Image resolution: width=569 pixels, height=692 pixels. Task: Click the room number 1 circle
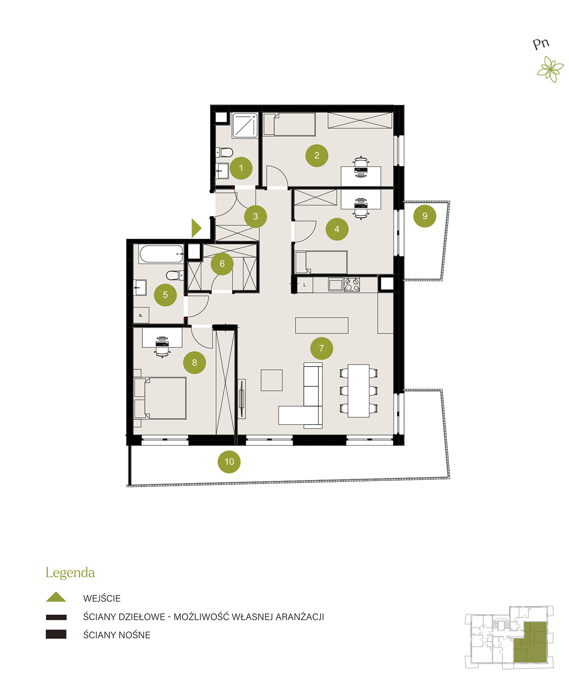[241, 168]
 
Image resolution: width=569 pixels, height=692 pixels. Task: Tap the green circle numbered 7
[321, 348]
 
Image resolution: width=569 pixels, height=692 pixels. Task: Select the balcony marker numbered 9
[424, 216]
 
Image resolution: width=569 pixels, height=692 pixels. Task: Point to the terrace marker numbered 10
[229, 461]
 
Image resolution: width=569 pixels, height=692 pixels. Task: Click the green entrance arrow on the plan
[196, 228]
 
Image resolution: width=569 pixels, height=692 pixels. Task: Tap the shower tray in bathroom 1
[245, 125]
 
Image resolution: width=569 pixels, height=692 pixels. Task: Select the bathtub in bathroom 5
[161, 254]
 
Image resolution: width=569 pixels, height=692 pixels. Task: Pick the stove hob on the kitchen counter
[352, 285]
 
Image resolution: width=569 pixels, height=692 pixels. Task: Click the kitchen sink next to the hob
[335, 285]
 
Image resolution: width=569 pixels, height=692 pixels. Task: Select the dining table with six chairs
[359, 391]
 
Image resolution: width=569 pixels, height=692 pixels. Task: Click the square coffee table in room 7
[272, 380]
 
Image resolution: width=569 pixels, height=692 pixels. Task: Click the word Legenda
[70, 573]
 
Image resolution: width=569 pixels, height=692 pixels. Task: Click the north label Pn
[541, 44]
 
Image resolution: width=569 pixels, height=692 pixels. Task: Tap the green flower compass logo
[551, 69]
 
